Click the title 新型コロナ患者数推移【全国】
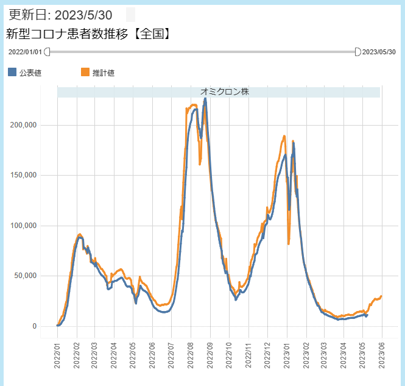[88, 34]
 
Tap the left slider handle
[48, 52]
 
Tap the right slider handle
[357, 52]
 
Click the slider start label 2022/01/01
[25, 52]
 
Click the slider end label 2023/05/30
[379, 52]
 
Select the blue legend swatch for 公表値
[12, 73]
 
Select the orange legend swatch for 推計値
[85, 73]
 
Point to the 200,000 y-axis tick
[24, 125]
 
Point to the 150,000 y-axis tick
[24, 175]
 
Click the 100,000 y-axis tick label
[24, 226]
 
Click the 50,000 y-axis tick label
[26, 276]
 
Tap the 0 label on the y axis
[34, 326]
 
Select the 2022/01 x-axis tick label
[58, 354]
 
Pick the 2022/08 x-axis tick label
[191, 354]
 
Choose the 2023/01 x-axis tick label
[286, 354]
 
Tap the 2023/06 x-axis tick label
[382, 354]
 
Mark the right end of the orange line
[381, 296]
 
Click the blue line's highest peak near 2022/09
[205, 98]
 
